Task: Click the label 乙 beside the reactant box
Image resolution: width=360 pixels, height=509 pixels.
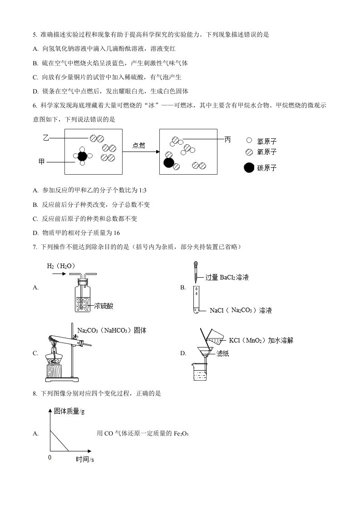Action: click(45, 137)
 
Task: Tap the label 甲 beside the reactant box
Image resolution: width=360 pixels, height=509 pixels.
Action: click(42, 162)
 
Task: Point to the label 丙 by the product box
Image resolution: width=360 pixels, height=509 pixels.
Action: click(228, 139)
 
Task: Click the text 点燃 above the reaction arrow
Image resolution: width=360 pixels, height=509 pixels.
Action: click(139, 145)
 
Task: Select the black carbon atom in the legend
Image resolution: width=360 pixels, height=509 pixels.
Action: click(249, 167)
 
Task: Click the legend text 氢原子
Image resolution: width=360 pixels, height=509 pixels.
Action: click(267, 141)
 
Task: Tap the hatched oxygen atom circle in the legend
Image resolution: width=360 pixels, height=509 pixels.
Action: click(249, 152)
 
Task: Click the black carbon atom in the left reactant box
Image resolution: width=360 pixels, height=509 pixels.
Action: click(82, 156)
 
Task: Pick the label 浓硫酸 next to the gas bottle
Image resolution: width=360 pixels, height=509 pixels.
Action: click(104, 306)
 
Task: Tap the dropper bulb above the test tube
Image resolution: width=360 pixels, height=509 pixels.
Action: click(196, 264)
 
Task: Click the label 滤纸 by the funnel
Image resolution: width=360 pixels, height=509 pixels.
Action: click(222, 353)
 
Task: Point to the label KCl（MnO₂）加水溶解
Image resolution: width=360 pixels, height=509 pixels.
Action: click(261, 340)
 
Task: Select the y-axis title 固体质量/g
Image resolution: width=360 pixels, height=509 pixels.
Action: click(69, 411)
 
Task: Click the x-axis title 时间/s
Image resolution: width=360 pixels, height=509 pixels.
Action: click(85, 460)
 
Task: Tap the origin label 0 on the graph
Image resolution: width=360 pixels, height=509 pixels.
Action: click(49, 457)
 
